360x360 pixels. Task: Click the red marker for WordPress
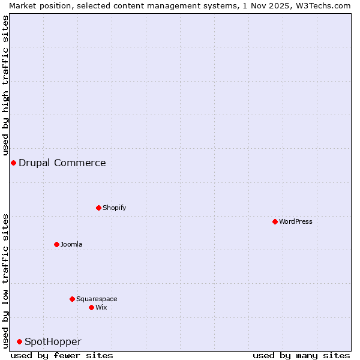click(275, 221)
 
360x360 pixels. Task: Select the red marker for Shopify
click(98, 208)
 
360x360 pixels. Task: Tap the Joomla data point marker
click(56, 244)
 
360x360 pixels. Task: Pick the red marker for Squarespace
click(72, 299)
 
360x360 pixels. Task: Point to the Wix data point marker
click(91, 307)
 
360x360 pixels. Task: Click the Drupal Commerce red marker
click(13, 163)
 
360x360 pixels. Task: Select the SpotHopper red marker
click(19, 341)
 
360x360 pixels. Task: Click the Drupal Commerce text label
click(62, 163)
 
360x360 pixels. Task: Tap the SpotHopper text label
click(53, 341)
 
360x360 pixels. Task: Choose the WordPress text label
click(296, 221)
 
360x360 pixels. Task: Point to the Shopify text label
click(115, 208)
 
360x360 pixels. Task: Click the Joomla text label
click(71, 244)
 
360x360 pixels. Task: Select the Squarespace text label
click(97, 299)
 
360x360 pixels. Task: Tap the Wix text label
click(101, 307)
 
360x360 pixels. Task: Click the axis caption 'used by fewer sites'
click(62, 355)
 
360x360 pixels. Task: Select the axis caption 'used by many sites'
click(301, 355)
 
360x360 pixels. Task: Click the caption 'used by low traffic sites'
click(5, 281)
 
